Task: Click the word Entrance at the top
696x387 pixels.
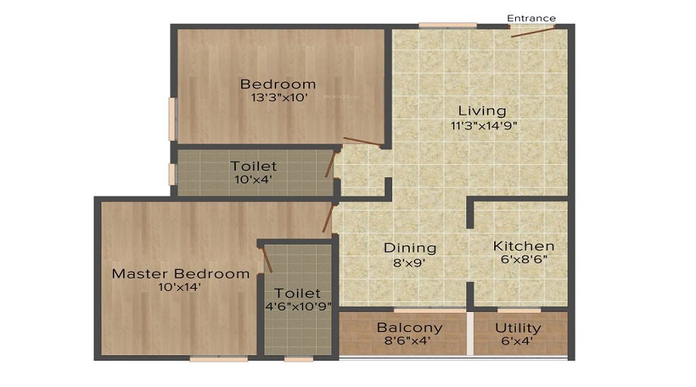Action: coord(531,18)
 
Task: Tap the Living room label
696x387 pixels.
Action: coord(480,111)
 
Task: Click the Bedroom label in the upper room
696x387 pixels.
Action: coord(278,84)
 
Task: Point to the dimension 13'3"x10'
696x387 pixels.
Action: coord(278,98)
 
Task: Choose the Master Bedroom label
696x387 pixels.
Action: coord(181,273)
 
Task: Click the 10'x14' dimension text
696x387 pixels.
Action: coord(181,287)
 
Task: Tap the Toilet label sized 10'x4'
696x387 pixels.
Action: coord(253,166)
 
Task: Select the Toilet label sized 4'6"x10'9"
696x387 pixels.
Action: coord(298,293)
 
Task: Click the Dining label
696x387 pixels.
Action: coord(410,248)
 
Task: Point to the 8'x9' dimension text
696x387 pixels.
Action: coord(410,262)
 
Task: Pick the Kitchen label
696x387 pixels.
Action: coord(524,246)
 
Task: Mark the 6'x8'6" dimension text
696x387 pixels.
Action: coord(524,261)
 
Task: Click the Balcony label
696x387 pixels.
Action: coord(409,327)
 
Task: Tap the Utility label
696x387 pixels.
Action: coord(518,327)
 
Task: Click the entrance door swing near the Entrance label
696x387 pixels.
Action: coord(532,31)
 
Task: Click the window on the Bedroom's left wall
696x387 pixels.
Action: coord(172,118)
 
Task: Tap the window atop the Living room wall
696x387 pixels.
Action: coord(448,26)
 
